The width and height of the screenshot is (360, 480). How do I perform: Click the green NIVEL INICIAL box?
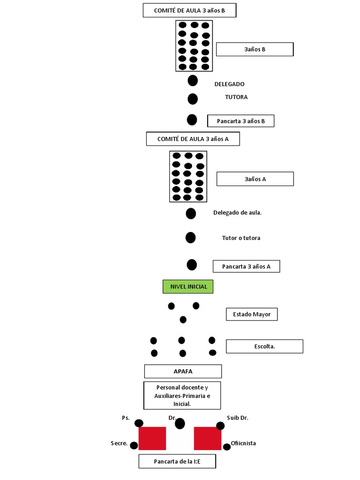click(188, 286)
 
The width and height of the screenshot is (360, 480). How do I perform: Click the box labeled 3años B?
click(255, 49)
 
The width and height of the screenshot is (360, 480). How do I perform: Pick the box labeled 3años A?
click(255, 179)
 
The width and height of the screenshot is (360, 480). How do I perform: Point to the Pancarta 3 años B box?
click(240, 121)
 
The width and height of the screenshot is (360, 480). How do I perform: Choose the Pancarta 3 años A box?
click(246, 267)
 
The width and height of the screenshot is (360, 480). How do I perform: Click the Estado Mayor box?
click(252, 314)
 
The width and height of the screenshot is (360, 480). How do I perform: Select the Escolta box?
click(264, 346)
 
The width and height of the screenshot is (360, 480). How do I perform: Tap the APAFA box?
click(183, 371)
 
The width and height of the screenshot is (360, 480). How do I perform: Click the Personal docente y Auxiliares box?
click(182, 395)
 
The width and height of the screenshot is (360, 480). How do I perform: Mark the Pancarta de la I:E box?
click(177, 461)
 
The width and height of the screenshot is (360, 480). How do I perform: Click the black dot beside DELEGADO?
click(193, 81)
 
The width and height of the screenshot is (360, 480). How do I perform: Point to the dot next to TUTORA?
click(193, 99)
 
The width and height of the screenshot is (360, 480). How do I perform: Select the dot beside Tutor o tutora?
click(190, 238)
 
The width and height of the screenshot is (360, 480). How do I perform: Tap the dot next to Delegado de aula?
click(191, 214)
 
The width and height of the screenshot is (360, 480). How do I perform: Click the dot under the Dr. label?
click(180, 424)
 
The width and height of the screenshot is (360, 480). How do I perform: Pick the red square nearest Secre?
click(152, 438)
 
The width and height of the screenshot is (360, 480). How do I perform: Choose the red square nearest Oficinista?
click(208, 438)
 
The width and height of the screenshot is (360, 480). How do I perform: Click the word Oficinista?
click(243, 443)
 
